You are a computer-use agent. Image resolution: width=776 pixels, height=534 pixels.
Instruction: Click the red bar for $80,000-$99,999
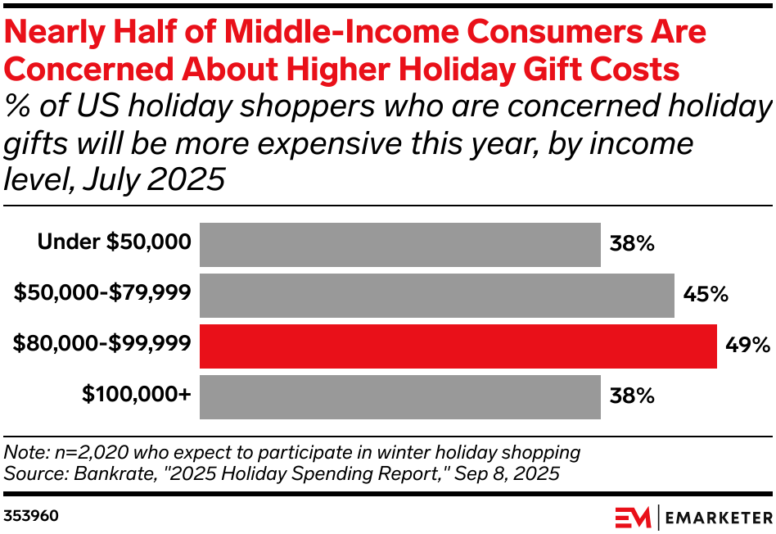(x=458, y=346)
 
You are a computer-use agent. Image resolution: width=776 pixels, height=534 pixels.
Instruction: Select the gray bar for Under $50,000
(x=399, y=245)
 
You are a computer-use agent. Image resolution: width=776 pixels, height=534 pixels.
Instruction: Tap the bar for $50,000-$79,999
(x=436, y=296)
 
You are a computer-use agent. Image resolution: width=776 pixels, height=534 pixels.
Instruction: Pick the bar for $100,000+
(x=399, y=397)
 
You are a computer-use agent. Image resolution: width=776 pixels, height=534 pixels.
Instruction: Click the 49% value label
(x=747, y=346)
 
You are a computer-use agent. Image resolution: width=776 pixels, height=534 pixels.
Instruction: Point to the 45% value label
(x=706, y=295)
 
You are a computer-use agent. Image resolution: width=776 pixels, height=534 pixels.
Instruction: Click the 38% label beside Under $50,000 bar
(x=631, y=244)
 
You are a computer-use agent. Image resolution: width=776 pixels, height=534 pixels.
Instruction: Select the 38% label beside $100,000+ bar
(x=631, y=396)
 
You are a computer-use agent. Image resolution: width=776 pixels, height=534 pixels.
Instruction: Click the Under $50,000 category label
(x=114, y=242)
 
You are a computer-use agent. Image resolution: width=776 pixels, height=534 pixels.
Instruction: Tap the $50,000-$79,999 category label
(x=102, y=292)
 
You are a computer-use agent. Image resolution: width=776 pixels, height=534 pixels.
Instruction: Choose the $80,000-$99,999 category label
(x=102, y=343)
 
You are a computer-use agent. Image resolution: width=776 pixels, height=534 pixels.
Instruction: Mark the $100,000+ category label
(x=136, y=394)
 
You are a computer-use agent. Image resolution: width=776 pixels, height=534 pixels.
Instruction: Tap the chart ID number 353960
(x=30, y=517)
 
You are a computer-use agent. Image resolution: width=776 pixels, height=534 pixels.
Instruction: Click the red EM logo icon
(x=632, y=518)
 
